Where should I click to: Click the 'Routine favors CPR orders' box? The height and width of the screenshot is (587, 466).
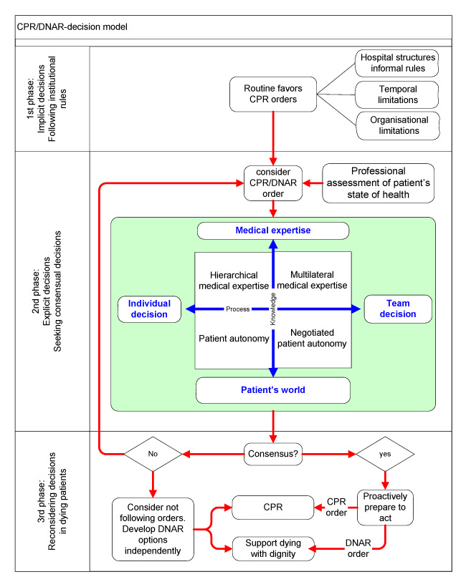coord(273,94)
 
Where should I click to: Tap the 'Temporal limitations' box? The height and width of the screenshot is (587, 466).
coord(396,95)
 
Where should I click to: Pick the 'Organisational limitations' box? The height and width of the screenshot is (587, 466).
coord(396,127)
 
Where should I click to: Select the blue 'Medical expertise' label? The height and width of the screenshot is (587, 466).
coord(272,231)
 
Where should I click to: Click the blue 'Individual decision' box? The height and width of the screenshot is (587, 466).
coord(149,309)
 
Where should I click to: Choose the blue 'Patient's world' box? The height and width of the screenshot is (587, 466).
coord(273,390)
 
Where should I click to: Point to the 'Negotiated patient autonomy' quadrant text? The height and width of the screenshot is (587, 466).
coord(312,338)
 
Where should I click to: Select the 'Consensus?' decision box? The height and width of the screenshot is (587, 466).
coord(273,454)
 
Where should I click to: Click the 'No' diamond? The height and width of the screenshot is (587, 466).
coord(151,454)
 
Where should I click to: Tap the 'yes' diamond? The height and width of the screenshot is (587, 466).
coord(386,454)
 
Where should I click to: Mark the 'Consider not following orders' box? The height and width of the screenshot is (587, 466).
coord(151,528)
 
